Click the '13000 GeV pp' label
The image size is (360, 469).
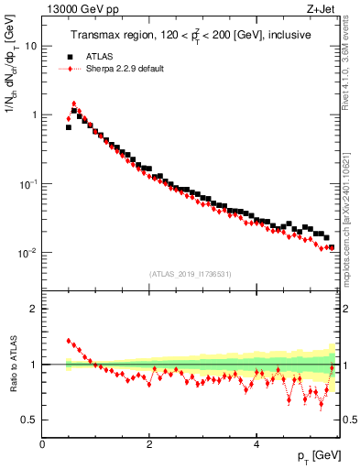point(77,10)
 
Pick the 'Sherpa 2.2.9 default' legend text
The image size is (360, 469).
point(125,69)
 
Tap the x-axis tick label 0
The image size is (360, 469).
point(43,444)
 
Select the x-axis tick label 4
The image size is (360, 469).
point(256,444)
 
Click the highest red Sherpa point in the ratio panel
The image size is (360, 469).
point(69,341)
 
